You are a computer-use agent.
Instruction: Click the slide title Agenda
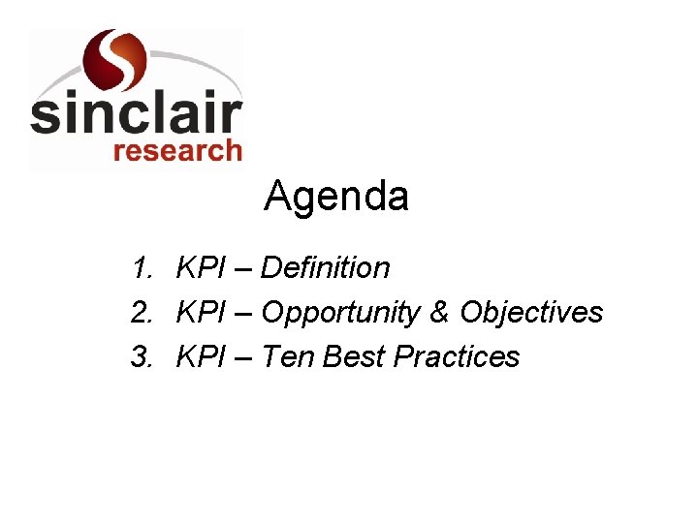pos(336,198)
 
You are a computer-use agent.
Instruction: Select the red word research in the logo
pos(177,151)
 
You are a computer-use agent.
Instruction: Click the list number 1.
pos(143,267)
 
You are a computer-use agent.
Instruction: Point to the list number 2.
pos(143,313)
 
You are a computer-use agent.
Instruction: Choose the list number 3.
pos(143,357)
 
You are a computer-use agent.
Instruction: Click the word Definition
pos(326,267)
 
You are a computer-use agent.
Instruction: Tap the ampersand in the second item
pos(440,313)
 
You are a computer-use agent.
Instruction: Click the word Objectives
pos(531,313)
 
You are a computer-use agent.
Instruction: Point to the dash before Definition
pos(241,269)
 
